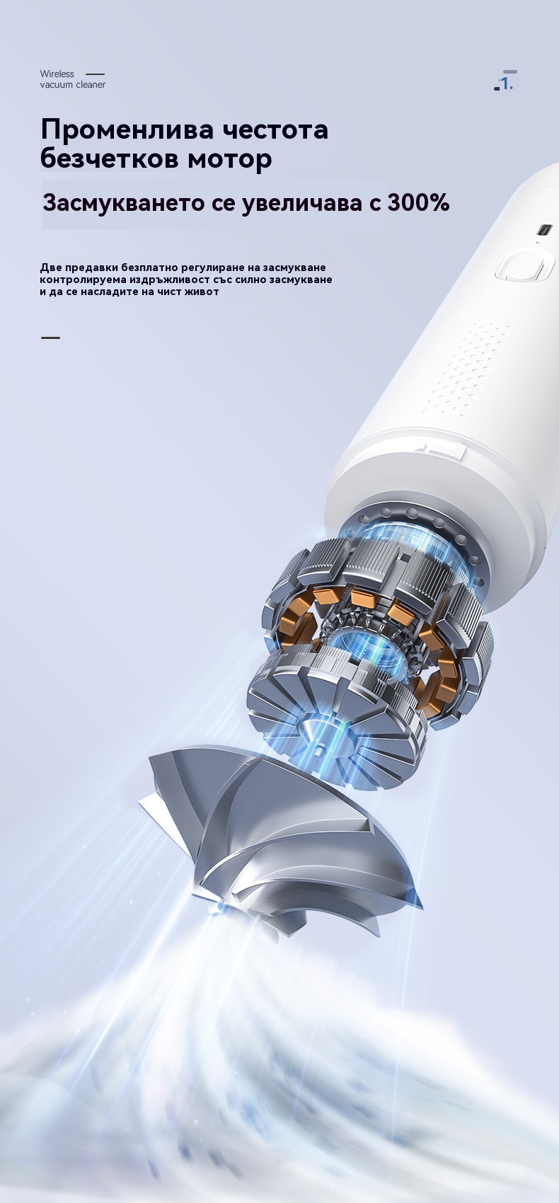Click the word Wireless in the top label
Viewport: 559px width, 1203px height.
[57, 74]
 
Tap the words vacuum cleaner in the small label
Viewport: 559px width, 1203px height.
[72, 85]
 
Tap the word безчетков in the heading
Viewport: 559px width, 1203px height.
[110, 159]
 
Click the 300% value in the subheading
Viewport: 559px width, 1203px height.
[418, 202]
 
